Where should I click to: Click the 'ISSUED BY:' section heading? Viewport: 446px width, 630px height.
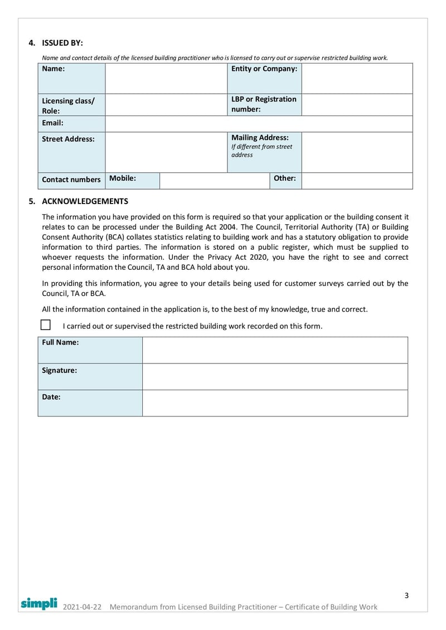[x=62, y=43]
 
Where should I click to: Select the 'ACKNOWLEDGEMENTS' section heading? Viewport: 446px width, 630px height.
[x=85, y=201]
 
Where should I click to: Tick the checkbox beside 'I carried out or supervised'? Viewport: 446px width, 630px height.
[x=46, y=325]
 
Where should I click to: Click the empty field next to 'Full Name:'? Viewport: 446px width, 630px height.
[x=275, y=350]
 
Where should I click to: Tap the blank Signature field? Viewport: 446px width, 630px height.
[x=275, y=376]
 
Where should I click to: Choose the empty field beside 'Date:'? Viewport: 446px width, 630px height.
[x=275, y=403]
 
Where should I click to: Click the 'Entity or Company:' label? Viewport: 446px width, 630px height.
[x=264, y=69]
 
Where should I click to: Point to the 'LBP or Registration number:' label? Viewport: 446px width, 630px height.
[x=264, y=104]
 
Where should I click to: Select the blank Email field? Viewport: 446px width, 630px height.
[x=259, y=124]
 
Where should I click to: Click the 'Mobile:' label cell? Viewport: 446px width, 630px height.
[x=123, y=178]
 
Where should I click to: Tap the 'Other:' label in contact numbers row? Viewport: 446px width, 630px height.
[x=284, y=178]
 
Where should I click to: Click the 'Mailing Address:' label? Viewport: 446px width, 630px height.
[x=260, y=138]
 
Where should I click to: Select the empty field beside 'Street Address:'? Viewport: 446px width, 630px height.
[x=166, y=152]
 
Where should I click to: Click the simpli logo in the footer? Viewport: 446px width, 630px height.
[x=39, y=603]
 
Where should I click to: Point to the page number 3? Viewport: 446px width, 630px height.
[x=406, y=595]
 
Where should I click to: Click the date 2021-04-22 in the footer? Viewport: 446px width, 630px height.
[x=83, y=607]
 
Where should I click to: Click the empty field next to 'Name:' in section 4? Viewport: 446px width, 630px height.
[x=166, y=78]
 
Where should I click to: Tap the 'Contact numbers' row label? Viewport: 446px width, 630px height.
[x=71, y=180]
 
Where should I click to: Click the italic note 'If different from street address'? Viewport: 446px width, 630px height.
[x=261, y=151]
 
